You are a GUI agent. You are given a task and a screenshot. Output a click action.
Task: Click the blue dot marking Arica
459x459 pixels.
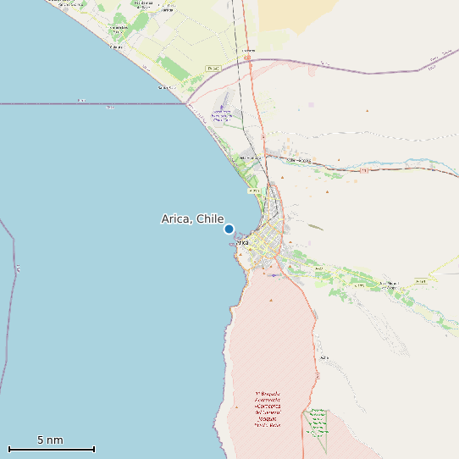pyautogui.click(x=229, y=229)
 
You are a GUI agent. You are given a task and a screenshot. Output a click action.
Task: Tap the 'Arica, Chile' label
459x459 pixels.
pyautogui.click(x=192, y=218)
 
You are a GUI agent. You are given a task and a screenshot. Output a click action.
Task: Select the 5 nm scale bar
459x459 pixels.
pyautogui.click(x=51, y=449)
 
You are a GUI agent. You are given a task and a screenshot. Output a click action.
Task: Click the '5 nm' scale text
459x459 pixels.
pyautogui.click(x=50, y=440)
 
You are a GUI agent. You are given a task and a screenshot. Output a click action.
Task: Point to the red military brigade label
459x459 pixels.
pyautogui.click(x=268, y=409)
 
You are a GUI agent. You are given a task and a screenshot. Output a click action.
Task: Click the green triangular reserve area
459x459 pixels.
pyautogui.click(x=317, y=428)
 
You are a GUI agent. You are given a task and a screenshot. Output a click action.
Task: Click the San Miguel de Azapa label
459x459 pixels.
pyautogui.click(x=388, y=285)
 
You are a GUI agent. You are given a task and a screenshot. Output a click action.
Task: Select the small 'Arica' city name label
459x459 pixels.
pyautogui.click(x=242, y=242)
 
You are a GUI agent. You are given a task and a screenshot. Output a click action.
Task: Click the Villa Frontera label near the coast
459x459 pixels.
pyautogui.click(x=249, y=158)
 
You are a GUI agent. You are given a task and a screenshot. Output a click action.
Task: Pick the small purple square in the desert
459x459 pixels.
pyautogui.click(x=311, y=104)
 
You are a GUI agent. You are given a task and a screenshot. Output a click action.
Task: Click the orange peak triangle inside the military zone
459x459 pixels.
pyautogui.click(x=271, y=300)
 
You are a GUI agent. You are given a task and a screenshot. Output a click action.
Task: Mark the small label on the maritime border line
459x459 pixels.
pyautogui.click(x=80, y=100)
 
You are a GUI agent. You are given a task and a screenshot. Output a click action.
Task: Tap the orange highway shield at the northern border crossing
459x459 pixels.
pyautogui.click(x=246, y=58)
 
